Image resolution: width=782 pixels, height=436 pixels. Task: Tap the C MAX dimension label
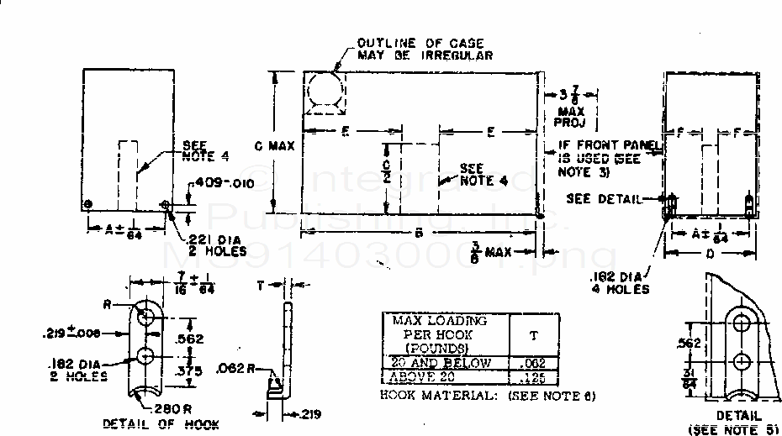(x=274, y=146)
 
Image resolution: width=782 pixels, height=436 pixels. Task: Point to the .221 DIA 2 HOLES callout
(x=216, y=244)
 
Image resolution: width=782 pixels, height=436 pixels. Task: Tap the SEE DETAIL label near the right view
(x=604, y=199)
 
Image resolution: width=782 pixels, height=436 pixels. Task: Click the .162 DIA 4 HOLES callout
(x=621, y=283)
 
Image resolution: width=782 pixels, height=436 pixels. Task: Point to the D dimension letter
(x=710, y=253)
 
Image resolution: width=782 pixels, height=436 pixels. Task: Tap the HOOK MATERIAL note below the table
(x=488, y=396)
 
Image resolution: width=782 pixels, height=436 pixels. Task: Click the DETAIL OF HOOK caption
(x=161, y=424)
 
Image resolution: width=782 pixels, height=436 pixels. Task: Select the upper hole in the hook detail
(x=146, y=317)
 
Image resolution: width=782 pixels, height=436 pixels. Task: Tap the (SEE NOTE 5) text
(x=733, y=429)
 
